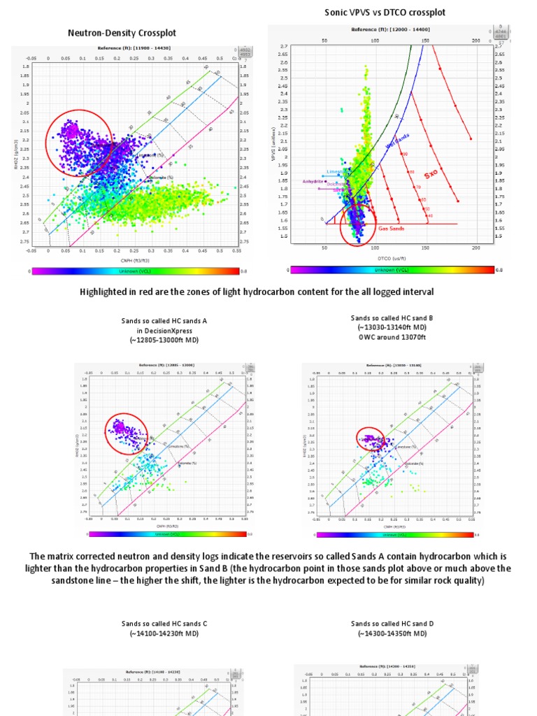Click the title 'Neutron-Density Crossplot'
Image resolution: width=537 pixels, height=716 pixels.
click(x=122, y=33)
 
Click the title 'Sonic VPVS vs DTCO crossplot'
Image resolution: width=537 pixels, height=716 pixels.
click(x=385, y=13)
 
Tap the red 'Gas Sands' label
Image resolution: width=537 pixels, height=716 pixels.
click(x=392, y=228)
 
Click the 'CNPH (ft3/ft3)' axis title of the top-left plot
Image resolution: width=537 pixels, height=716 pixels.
click(x=135, y=259)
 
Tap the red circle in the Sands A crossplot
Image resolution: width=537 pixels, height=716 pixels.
click(x=126, y=434)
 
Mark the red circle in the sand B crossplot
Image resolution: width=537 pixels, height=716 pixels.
click(x=370, y=441)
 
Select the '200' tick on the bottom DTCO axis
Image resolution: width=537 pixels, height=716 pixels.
click(x=476, y=248)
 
